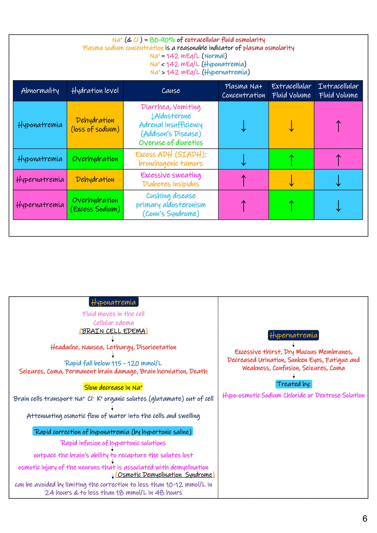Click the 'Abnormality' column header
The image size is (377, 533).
pyautogui.click(x=40, y=91)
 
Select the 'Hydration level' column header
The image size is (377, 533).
pyautogui.click(x=95, y=91)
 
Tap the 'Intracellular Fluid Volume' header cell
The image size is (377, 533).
pyautogui.click(x=338, y=91)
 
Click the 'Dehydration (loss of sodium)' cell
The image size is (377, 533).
pyautogui.click(x=95, y=125)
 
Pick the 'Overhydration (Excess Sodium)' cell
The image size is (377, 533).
pyautogui.click(x=95, y=205)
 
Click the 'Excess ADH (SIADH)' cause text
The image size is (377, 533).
pyautogui.click(x=171, y=155)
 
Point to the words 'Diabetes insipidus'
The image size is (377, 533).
pyautogui.click(x=171, y=184)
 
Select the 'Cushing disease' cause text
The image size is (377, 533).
pyautogui.click(x=171, y=196)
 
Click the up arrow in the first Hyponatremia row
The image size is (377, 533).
pyautogui.click(x=338, y=126)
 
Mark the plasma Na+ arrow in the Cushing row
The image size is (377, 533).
pyautogui.click(x=243, y=205)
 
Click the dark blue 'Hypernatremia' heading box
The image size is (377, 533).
pyautogui.click(x=293, y=335)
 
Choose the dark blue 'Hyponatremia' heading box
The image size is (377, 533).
pyautogui.click(x=113, y=302)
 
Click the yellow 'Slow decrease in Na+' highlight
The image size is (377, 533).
pyautogui.click(x=113, y=387)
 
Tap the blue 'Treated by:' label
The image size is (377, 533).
pyautogui.click(x=294, y=384)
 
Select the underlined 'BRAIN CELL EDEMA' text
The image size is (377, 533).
pyautogui.click(x=113, y=331)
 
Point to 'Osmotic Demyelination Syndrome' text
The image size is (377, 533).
pyautogui.click(x=165, y=475)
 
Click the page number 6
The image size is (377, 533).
pyautogui.click(x=364, y=519)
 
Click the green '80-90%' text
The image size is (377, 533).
pyautogui.click(x=162, y=40)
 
